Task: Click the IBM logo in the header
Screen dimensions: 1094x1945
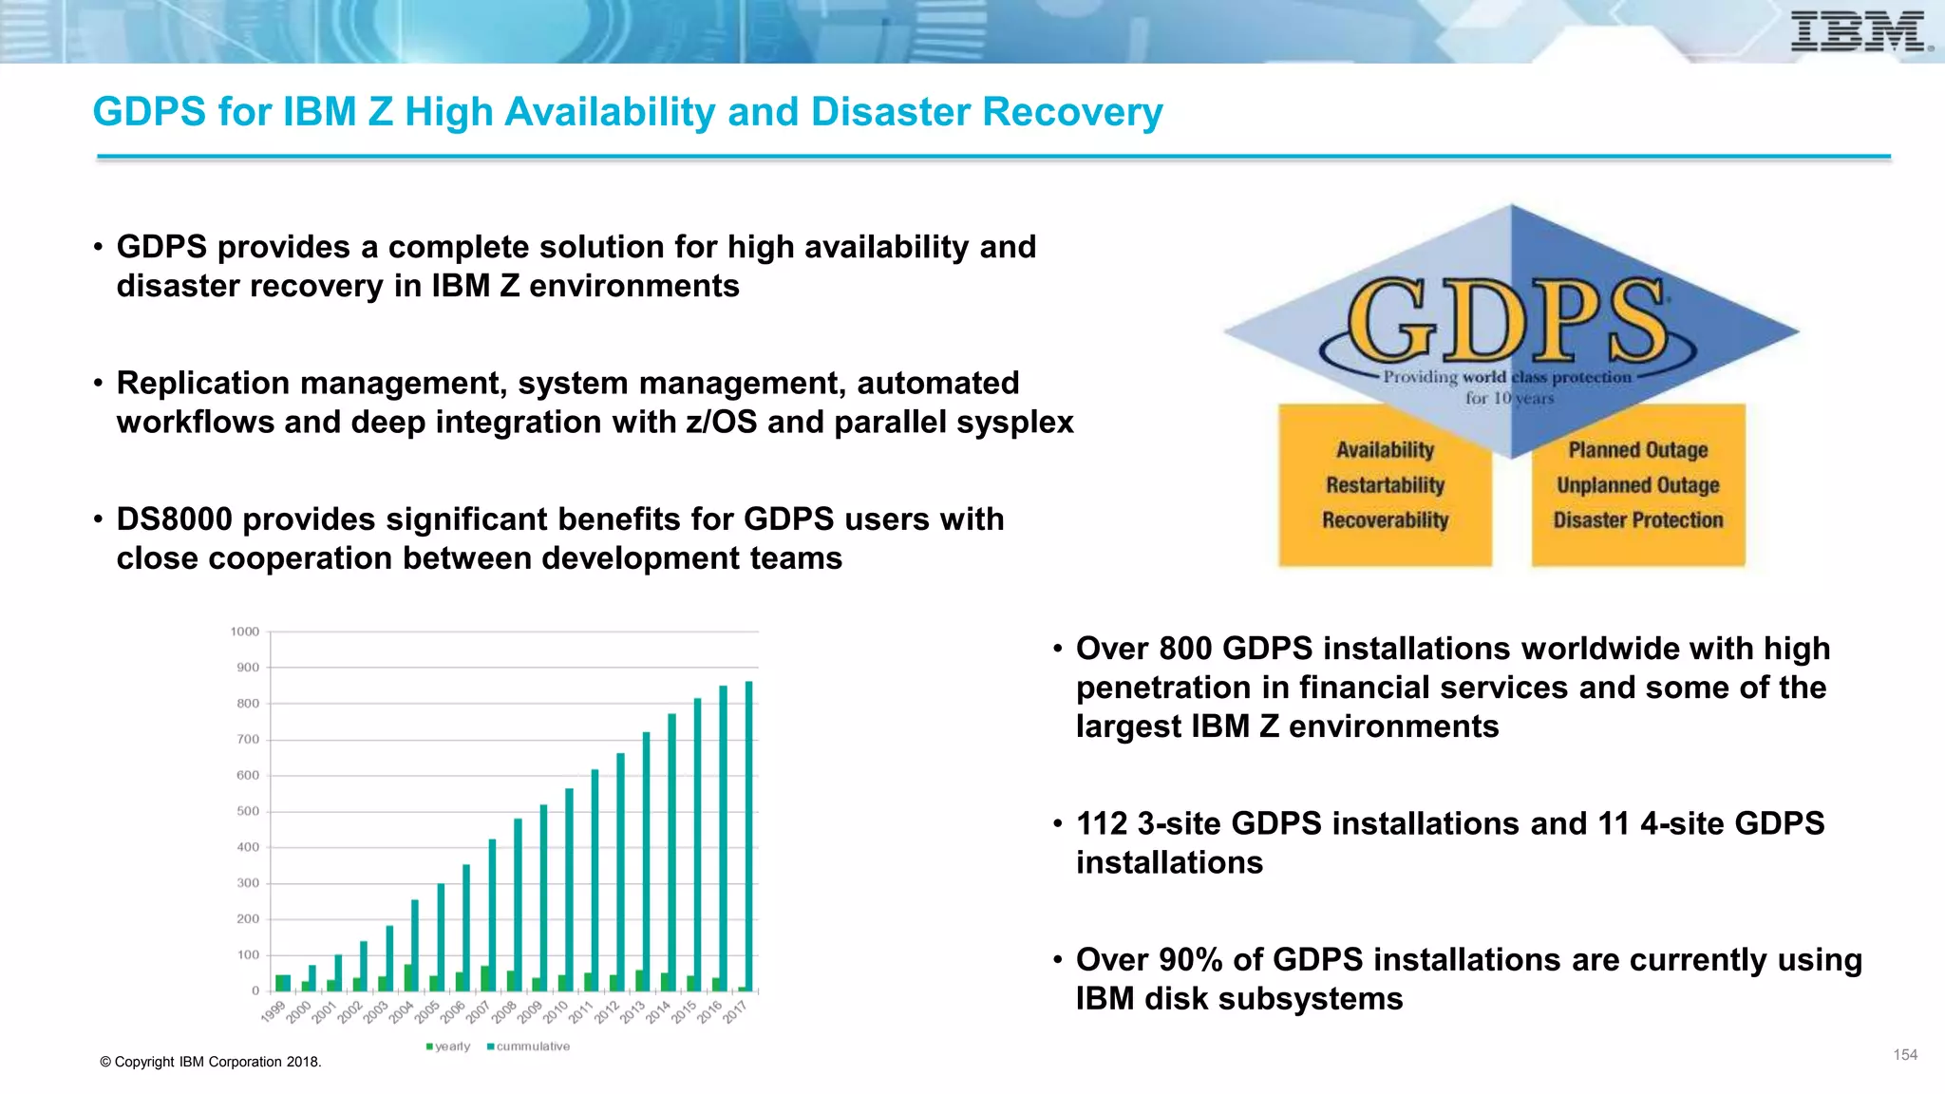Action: pyautogui.click(x=1859, y=32)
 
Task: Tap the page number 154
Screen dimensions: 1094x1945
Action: pyautogui.click(x=1905, y=1055)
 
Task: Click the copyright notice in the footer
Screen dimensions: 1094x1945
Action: pyautogui.click(x=210, y=1062)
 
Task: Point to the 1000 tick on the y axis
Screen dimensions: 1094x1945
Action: pyautogui.click(x=245, y=632)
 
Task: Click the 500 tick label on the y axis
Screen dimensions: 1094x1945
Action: pyautogui.click(x=248, y=811)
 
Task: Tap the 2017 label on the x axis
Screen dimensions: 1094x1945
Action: pyautogui.click(x=736, y=1012)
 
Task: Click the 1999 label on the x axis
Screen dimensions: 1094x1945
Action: pyautogui.click(x=274, y=1012)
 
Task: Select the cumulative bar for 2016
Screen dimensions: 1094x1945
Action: pyautogui.click(x=724, y=838)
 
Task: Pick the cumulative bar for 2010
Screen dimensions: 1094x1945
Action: pyautogui.click(x=570, y=889)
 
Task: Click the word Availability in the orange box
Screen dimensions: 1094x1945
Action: pyautogui.click(x=1385, y=450)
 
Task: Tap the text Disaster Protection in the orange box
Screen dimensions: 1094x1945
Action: pyautogui.click(x=1637, y=520)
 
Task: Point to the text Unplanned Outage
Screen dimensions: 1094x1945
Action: pyautogui.click(x=1637, y=485)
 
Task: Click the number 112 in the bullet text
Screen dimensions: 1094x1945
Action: pyautogui.click(x=1101, y=823)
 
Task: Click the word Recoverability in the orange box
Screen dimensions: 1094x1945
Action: pyautogui.click(x=1385, y=520)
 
